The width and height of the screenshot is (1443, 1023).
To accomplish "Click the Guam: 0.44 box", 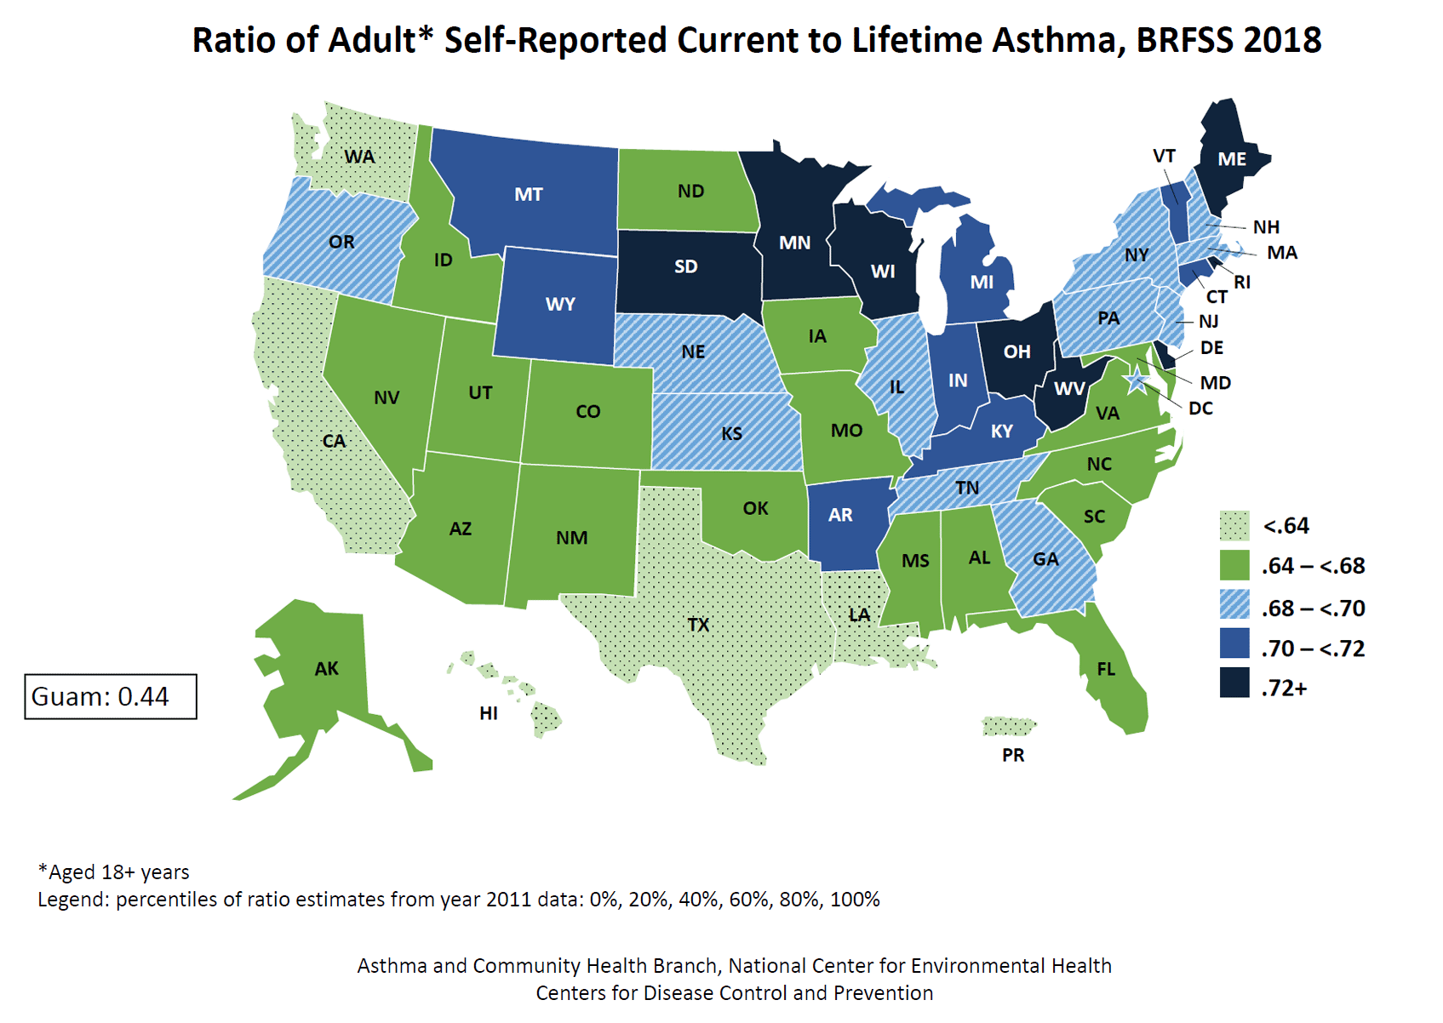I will click(x=111, y=696).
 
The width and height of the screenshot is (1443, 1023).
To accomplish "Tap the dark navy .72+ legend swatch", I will click(x=1234, y=683).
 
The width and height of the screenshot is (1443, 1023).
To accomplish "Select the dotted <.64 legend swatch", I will click(x=1234, y=526).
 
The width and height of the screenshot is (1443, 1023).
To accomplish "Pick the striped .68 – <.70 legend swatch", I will click(x=1234, y=605).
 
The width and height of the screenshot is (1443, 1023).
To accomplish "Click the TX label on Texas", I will click(x=698, y=625).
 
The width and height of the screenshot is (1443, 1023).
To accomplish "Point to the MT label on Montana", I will click(x=528, y=194).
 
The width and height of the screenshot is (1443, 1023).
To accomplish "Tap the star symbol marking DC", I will click(x=1136, y=381).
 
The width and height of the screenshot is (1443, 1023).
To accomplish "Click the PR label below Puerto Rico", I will click(x=1013, y=755).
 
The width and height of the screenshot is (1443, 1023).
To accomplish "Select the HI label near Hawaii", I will click(x=488, y=713).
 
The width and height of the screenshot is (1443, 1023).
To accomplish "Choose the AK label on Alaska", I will click(x=326, y=669).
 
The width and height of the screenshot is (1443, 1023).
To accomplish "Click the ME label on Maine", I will click(x=1232, y=159).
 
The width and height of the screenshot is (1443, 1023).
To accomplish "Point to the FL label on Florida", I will click(x=1106, y=669).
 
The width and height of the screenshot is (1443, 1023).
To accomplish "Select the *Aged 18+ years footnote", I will click(x=114, y=872).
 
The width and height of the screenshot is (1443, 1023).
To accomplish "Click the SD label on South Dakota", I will click(x=685, y=266).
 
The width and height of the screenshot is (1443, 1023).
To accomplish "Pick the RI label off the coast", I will click(x=1242, y=283).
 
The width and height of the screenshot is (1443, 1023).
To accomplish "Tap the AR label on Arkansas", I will click(x=840, y=515).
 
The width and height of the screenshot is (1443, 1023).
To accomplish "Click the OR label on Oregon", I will click(x=341, y=242).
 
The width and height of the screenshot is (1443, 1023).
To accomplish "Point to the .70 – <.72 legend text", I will click(x=1313, y=649).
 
